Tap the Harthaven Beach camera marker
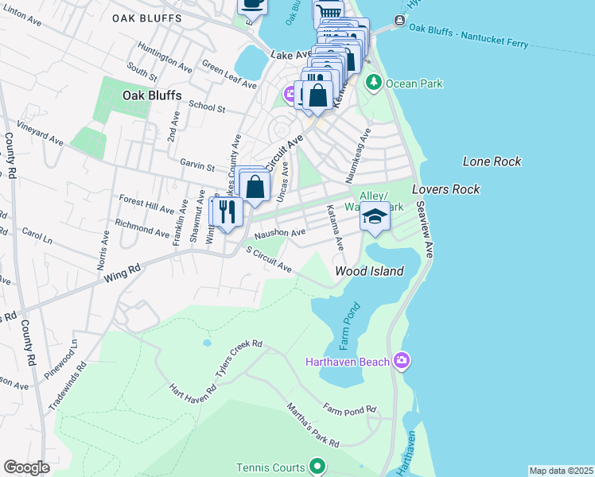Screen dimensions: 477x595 coord(402,362)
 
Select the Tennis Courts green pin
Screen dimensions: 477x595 coord(317,466)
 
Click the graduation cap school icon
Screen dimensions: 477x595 coord(375,216)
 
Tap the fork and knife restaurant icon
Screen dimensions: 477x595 coord(225,211)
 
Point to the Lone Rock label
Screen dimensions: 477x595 coord(492,161)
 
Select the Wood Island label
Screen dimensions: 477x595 coord(368,271)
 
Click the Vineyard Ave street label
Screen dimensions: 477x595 coord(42,133)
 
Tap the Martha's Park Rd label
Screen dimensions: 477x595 coord(314,430)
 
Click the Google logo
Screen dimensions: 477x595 coord(27,467)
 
